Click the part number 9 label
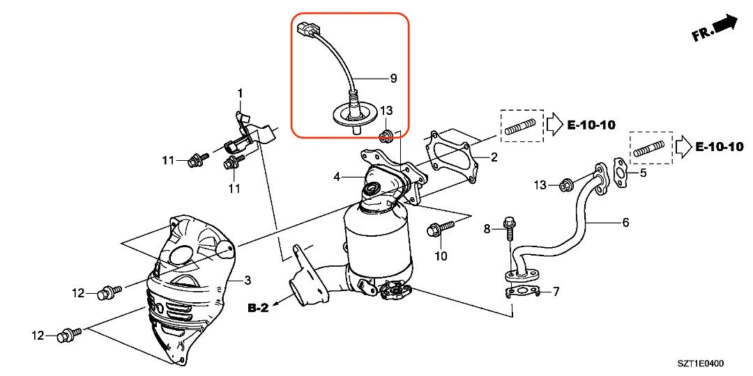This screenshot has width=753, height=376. coord(393,79)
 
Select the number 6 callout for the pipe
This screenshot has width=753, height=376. coord(625,223)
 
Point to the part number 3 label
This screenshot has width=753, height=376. coord(247,281)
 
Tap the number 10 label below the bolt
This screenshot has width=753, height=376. coord(441,256)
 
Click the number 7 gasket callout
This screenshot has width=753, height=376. coord(556,290)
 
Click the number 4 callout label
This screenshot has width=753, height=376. coord(337,177)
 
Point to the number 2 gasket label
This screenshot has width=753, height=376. coord(494,157)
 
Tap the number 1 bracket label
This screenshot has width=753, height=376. coord(240,93)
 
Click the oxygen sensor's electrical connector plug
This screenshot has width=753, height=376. coord(305,29)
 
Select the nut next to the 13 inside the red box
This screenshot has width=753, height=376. coord(383,134)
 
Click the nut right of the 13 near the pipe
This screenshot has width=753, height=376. coord(565,185)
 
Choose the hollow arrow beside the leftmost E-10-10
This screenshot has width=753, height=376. coord(554,125)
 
